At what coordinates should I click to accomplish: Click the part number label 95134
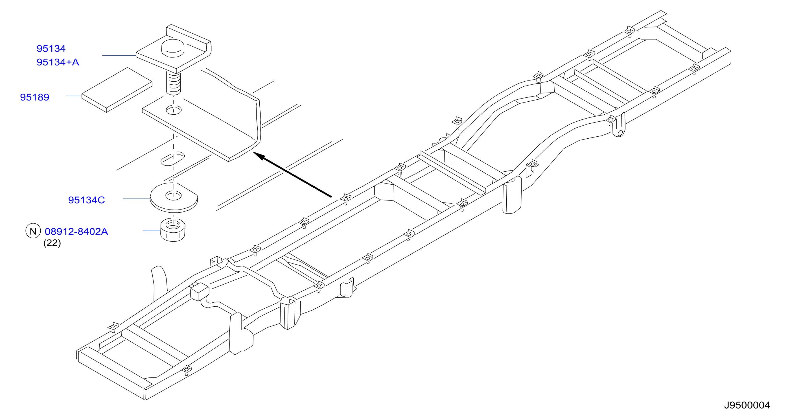click(x=51, y=49)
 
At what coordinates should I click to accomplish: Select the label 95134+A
click(x=58, y=62)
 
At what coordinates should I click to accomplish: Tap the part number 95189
click(x=34, y=97)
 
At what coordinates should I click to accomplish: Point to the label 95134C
click(x=86, y=200)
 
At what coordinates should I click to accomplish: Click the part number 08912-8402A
click(x=76, y=232)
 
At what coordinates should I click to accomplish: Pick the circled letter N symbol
click(x=33, y=231)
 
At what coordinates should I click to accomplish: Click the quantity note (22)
click(x=52, y=243)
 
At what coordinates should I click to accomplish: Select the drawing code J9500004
click(x=747, y=405)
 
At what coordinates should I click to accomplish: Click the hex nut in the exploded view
click(x=173, y=230)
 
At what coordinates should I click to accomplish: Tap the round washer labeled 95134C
click(x=174, y=198)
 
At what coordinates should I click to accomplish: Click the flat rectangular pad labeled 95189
click(x=117, y=90)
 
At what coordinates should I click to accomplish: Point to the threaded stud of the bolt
click(x=174, y=83)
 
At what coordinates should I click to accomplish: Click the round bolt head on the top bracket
click(x=173, y=48)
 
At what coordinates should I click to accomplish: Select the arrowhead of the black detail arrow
click(x=260, y=156)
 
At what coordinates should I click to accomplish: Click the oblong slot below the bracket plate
click(x=172, y=158)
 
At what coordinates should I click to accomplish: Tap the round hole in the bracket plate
click(x=174, y=110)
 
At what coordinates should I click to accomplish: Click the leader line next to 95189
click(x=74, y=96)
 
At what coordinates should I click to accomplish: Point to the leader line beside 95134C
click(x=137, y=199)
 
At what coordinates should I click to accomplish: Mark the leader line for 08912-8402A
click(x=152, y=231)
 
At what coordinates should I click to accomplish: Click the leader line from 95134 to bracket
click(x=119, y=55)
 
